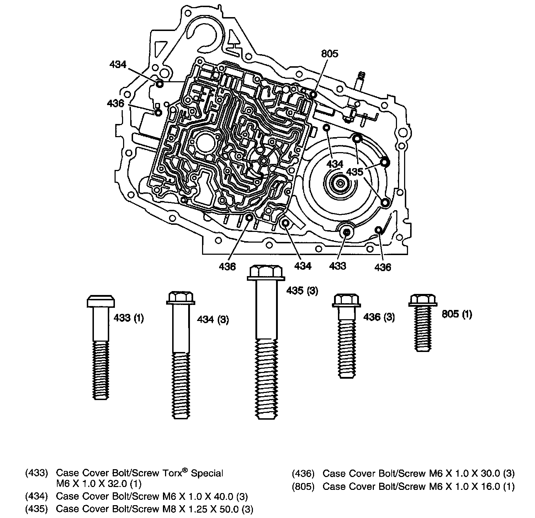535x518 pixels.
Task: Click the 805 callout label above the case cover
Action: coord(329,54)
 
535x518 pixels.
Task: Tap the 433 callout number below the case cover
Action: coord(338,266)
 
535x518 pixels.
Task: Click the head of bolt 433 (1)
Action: coord(101,301)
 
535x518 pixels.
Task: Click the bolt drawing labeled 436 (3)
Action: coord(346,335)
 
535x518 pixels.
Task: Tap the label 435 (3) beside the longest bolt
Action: coord(302,290)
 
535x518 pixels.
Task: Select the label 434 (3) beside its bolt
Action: coord(213,320)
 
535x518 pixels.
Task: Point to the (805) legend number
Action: coord(303,486)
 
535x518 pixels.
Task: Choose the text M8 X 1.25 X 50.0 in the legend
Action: coord(199,509)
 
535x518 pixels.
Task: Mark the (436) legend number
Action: coord(303,473)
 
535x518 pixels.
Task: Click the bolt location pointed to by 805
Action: coord(313,94)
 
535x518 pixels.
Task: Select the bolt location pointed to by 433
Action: coord(346,232)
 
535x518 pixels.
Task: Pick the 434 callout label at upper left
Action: coord(118,64)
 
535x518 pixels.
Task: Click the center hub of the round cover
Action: coord(340,183)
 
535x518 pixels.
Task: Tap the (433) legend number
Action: coord(36,473)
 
